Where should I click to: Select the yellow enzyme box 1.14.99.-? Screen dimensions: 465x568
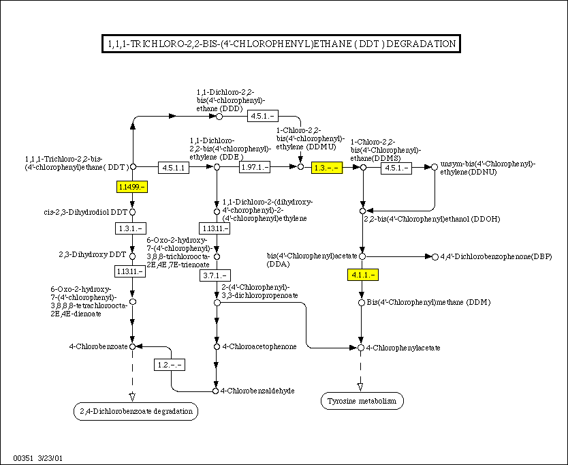(133, 186)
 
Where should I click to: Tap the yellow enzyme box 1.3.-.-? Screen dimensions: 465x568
(326, 167)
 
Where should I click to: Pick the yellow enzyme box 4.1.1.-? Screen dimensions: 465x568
(362, 274)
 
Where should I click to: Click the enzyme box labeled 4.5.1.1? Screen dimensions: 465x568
(173, 167)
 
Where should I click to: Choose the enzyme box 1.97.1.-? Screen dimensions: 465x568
(254, 167)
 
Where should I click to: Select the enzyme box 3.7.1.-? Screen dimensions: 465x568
(217, 275)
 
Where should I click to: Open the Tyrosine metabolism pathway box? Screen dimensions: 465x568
(362, 401)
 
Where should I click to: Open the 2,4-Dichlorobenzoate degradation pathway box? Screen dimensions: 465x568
(134, 410)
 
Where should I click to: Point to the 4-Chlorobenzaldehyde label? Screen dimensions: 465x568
(258, 391)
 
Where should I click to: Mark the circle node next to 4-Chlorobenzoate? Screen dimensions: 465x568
(133, 346)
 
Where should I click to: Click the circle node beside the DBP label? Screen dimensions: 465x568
(435, 256)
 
